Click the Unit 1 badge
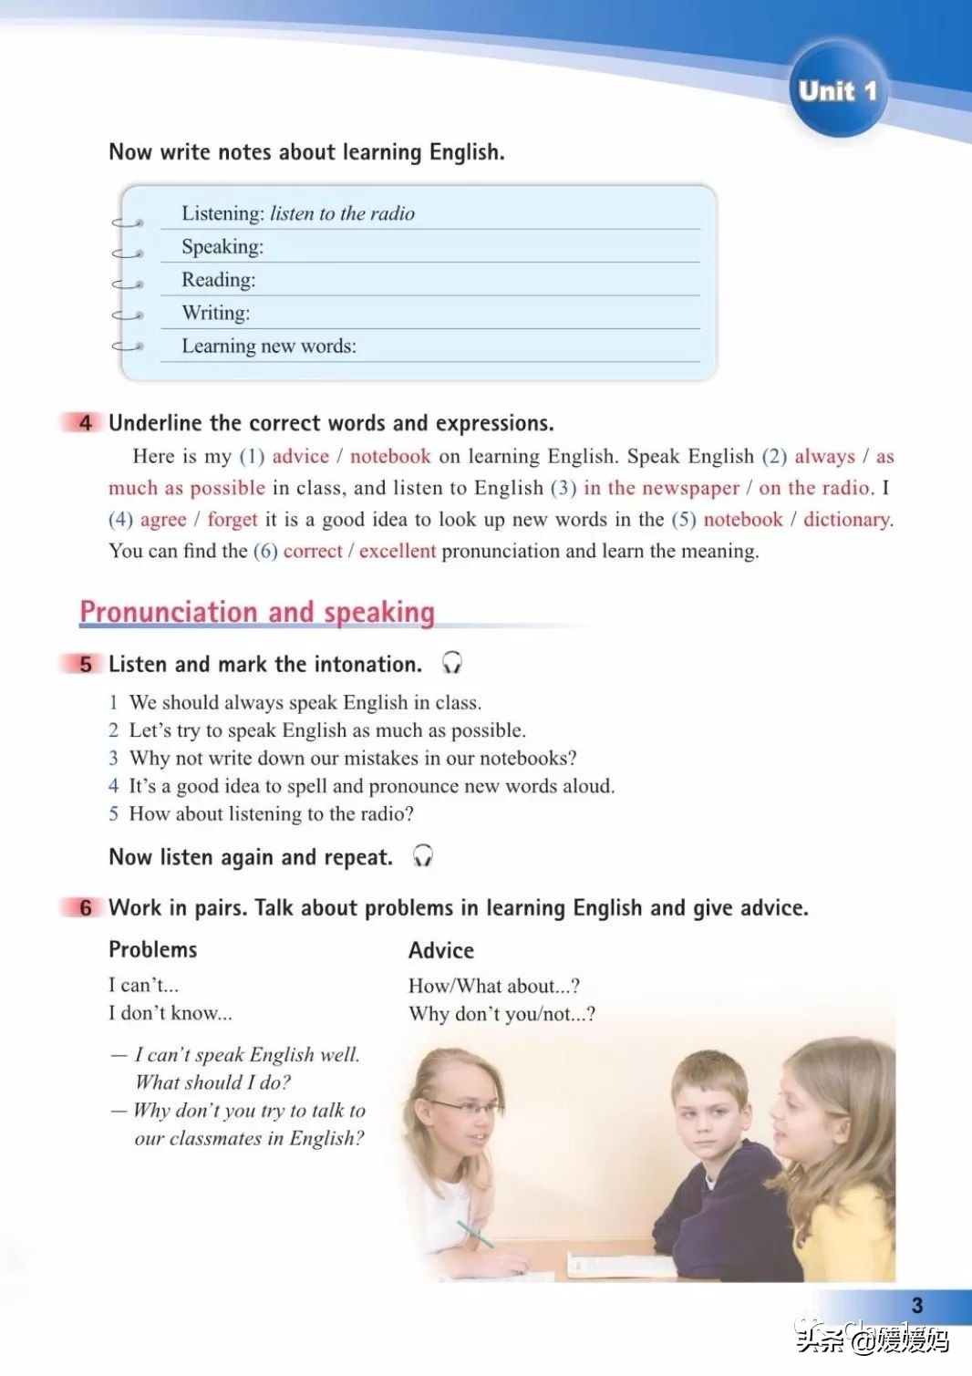tap(836, 90)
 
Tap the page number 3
tap(916, 1305)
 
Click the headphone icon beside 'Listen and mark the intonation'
tap(451, 663)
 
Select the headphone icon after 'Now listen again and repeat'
tap(422, 856)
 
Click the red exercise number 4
tap(86, 423)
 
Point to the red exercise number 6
tap(86, 907)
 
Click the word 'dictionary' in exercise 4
tap(847, 520)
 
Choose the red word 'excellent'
tap(398, 551)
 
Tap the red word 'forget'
tap(233, 520)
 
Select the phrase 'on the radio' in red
tap(815, 488)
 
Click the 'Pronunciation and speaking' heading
tap(257, 612)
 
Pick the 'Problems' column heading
tap(152, 950)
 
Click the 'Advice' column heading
tap(441, 951)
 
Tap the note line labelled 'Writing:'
tap(216, 313)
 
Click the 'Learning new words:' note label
tap(269, 347)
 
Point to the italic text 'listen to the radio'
tap(342, 214)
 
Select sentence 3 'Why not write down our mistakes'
tap(353, 758)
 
